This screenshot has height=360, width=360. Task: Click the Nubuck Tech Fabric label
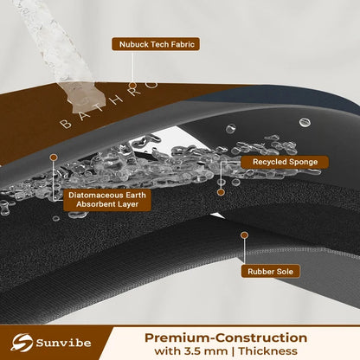point(156,44)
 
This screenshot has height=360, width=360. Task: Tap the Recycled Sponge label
point(285,162)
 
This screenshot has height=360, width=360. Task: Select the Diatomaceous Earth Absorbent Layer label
point(107,200)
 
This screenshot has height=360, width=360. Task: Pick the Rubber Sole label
point(270,272)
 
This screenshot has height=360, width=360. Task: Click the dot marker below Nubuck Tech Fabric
point(132,86)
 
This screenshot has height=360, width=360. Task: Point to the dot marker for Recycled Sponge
point(221,192)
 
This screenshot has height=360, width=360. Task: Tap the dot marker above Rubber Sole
point(244,235)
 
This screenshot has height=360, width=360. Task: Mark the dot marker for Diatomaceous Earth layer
point(54,157)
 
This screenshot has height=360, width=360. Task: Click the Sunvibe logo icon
point(22,343)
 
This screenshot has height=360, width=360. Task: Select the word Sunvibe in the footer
point(63,343)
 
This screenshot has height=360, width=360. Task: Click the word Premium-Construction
point(226,337)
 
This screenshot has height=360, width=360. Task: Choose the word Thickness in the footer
point(268,351)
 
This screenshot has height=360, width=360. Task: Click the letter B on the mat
point(66,124)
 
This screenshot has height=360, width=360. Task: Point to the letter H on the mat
point(117,100)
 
